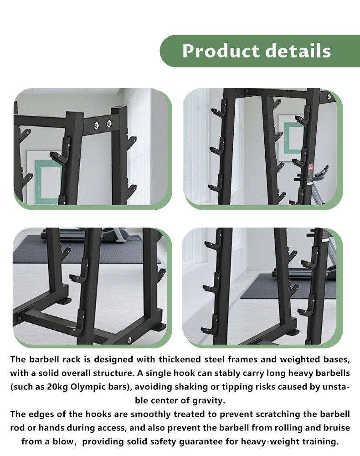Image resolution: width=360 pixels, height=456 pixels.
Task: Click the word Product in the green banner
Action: [x=221, y=51]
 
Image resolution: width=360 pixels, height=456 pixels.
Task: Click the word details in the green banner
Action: [x=298, y=51]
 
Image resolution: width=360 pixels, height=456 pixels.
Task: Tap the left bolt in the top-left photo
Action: [x=97, y=125]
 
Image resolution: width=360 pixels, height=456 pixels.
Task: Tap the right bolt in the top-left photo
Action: [x=109, y=123]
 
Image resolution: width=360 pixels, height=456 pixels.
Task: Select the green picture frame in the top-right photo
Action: [x=293, y=137]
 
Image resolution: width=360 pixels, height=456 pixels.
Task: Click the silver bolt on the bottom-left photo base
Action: [x=129, y=338]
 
